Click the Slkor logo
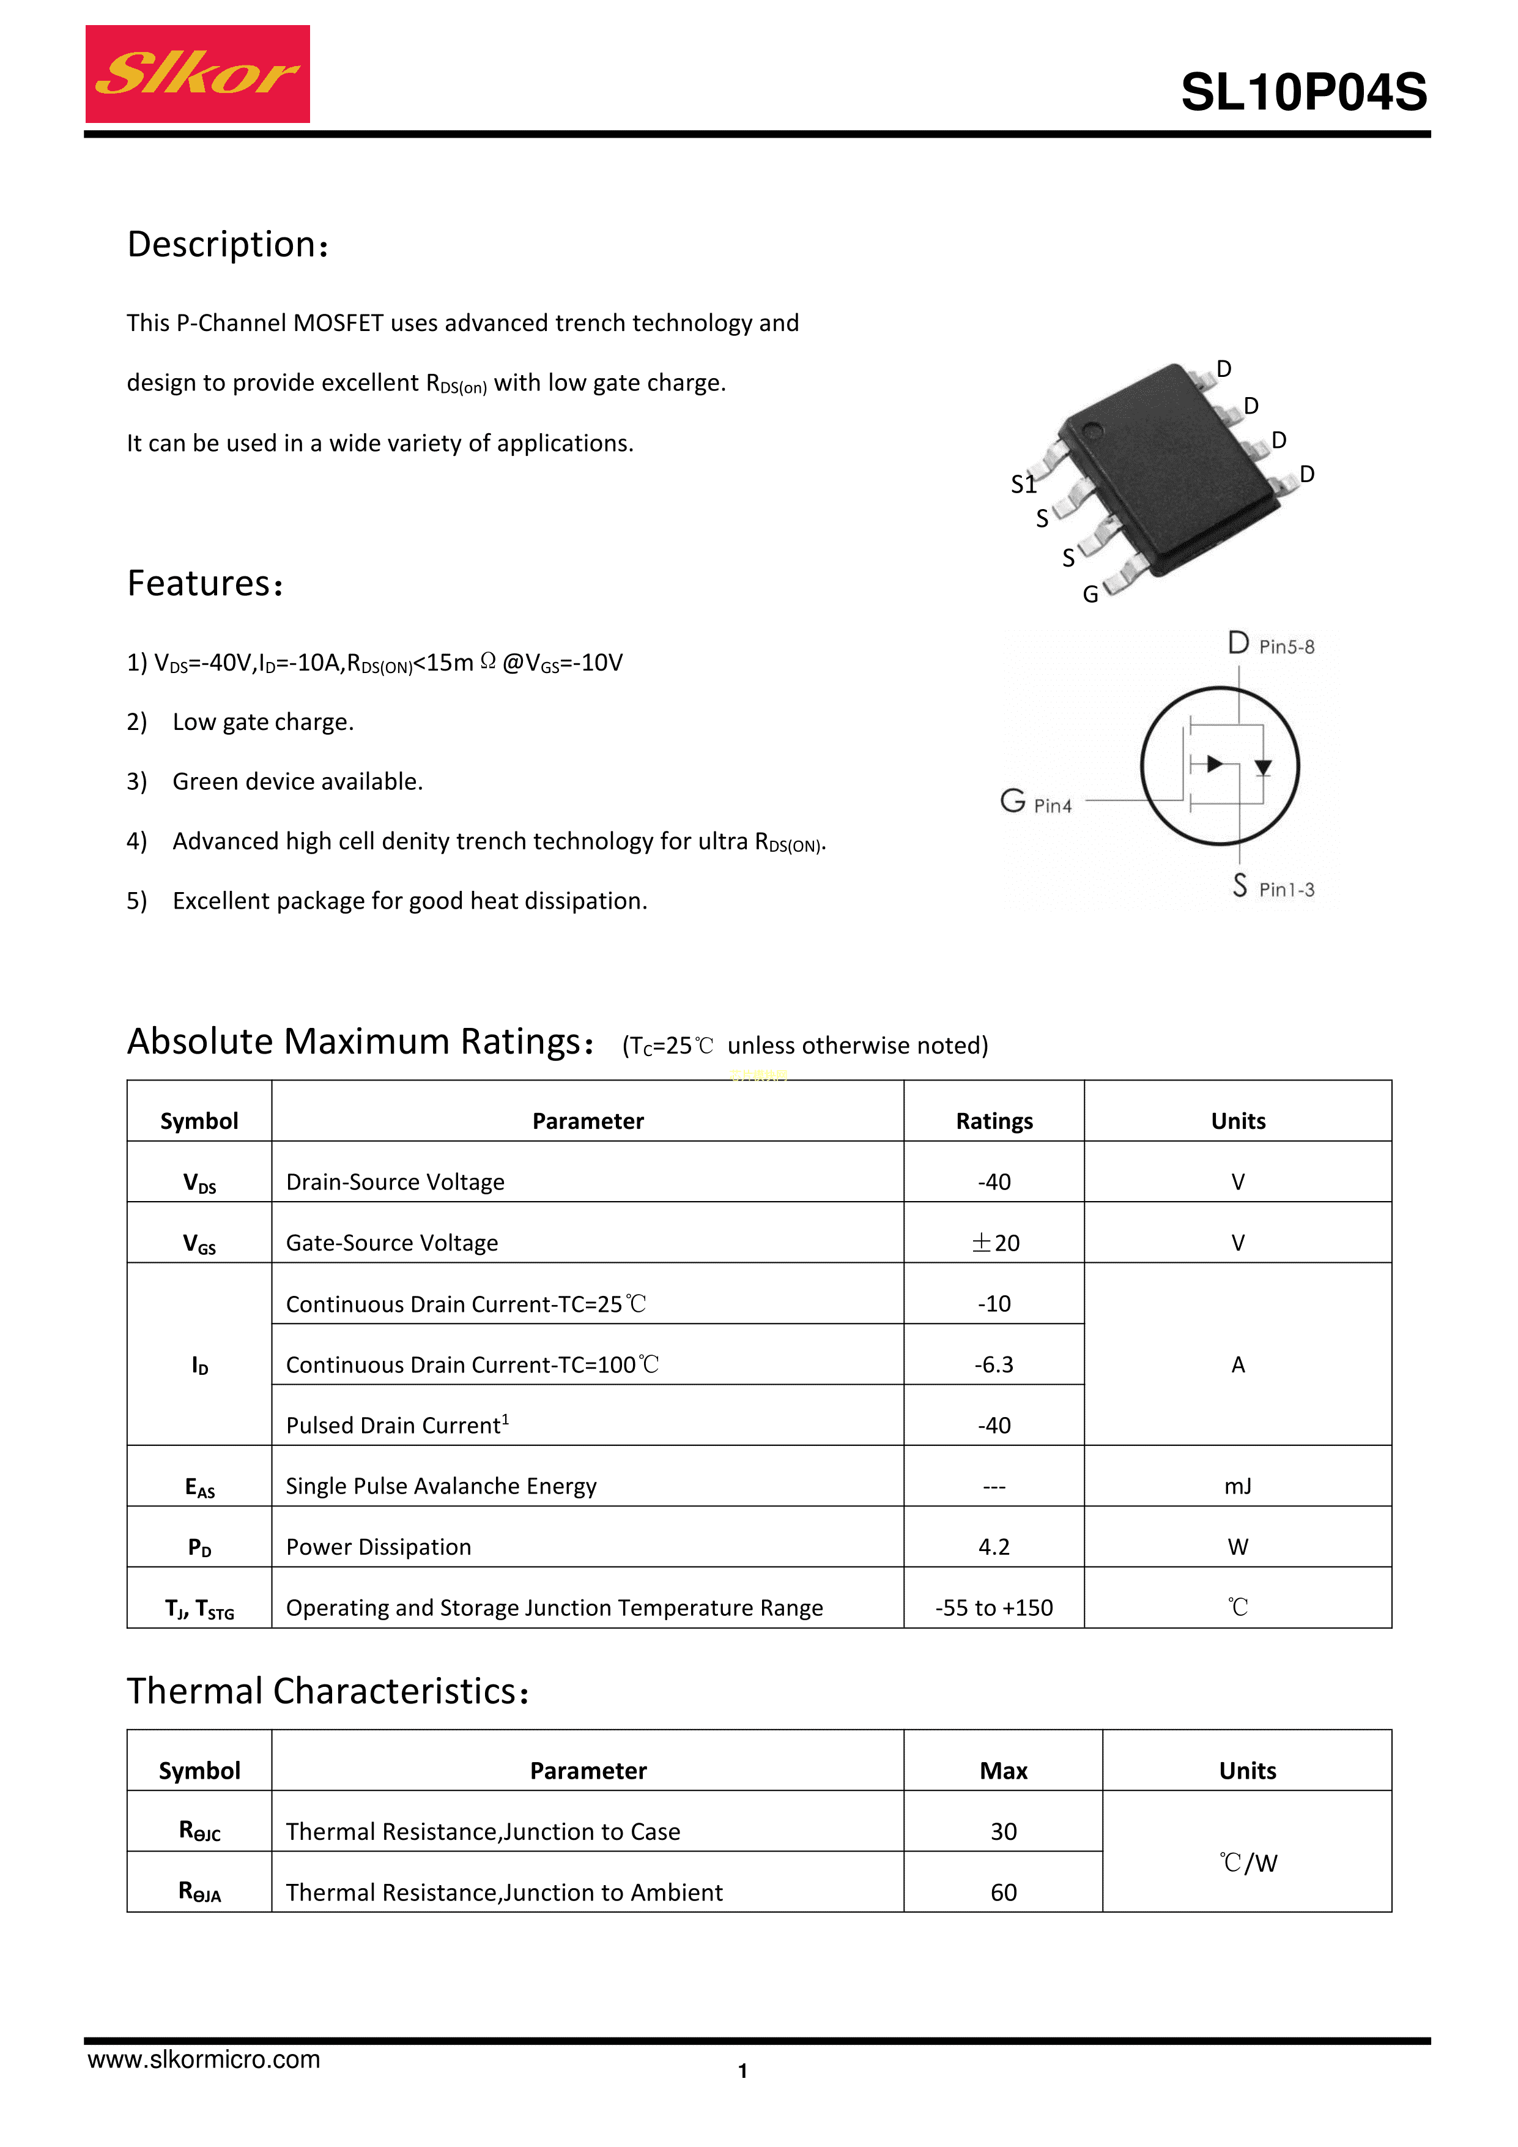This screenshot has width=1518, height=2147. [197, 74]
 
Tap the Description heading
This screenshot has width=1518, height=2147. [227, 244]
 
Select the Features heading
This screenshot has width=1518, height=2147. [205, 584]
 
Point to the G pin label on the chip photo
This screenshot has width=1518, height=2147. [1090, 595]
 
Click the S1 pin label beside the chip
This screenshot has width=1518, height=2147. [1024, 485]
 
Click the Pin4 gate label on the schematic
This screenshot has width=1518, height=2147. [1053, 806]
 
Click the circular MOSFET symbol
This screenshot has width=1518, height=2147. [1220, 766]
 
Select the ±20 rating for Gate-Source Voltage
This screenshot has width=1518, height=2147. [994, 1243]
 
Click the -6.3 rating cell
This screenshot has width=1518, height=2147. [994, 1364]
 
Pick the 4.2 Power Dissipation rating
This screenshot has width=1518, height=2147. [994, 1547]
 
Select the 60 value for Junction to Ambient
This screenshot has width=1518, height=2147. [1003, 1892]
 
